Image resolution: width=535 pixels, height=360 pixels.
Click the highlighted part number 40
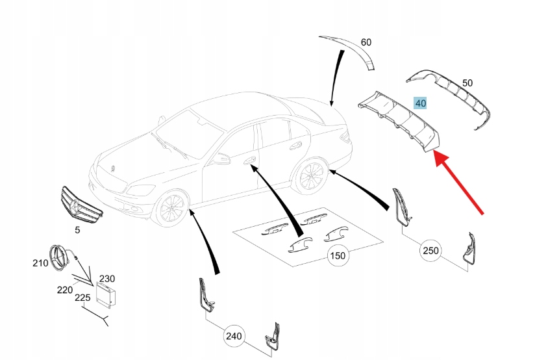(421, 103)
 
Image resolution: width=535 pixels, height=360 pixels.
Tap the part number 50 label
(467, 83)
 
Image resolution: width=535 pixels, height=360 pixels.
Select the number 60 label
(366, 42)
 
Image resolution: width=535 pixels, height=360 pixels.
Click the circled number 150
(338, 255)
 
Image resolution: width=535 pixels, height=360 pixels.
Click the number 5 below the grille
(77, 229)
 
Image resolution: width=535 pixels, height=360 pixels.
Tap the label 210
(40, 263)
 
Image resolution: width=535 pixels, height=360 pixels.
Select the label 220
(64, 290)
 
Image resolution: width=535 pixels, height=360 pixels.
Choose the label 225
(81, 298)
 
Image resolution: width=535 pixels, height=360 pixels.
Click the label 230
(108, 279)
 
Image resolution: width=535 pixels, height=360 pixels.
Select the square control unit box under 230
(106, 296)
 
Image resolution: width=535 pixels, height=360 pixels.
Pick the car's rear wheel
(310, 176)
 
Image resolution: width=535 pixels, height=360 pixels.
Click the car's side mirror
(223, 157)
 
